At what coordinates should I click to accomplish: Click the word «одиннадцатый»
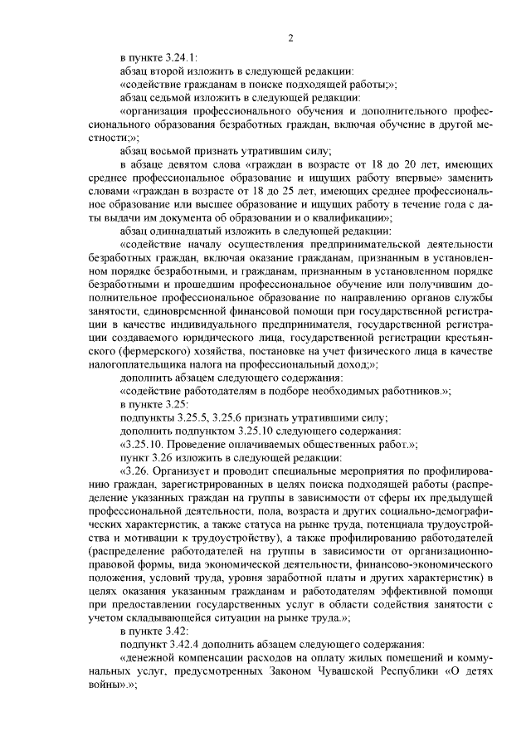click(202, 230)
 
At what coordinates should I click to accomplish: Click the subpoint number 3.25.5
click(193, 416)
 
